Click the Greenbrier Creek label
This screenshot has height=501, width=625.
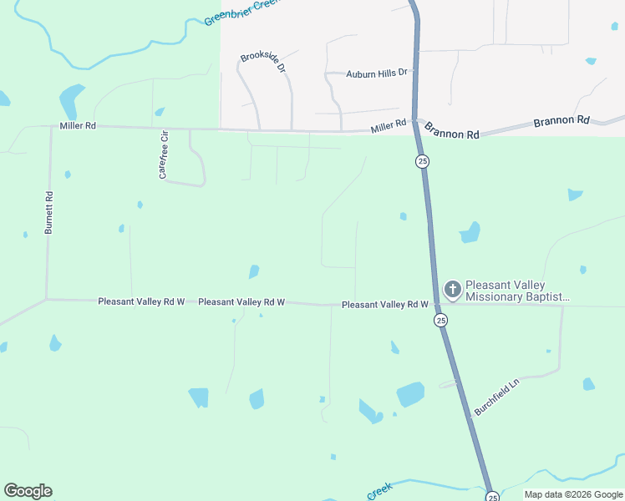[x=241, y=12]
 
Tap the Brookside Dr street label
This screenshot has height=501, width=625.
[x=263, y=62]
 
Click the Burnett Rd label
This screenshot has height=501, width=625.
[x=50, y=212]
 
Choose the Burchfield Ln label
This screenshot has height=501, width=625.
[x=496, y=397]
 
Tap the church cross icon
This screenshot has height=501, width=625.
[x=452, y=290]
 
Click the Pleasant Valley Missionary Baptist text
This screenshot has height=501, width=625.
[x=518, y=290]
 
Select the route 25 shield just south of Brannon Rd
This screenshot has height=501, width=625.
[x=423, y=161]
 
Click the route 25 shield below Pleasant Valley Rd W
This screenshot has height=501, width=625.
[x=440, y=320]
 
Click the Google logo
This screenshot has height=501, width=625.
[x=28, y=491]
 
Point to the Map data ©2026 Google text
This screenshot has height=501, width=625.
[x=573, y=495]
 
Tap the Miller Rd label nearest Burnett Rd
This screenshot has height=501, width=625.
[x=78, y=126]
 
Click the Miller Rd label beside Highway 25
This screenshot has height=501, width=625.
[x=389, y=126]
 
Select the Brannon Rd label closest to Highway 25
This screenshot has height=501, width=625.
[x=452, y=131]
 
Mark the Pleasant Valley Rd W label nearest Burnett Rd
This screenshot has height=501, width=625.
[x=141, y=301]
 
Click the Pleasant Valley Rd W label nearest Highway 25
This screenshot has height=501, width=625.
[x=385, y=306]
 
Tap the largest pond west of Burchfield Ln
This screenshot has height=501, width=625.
[x=410, y=394]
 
